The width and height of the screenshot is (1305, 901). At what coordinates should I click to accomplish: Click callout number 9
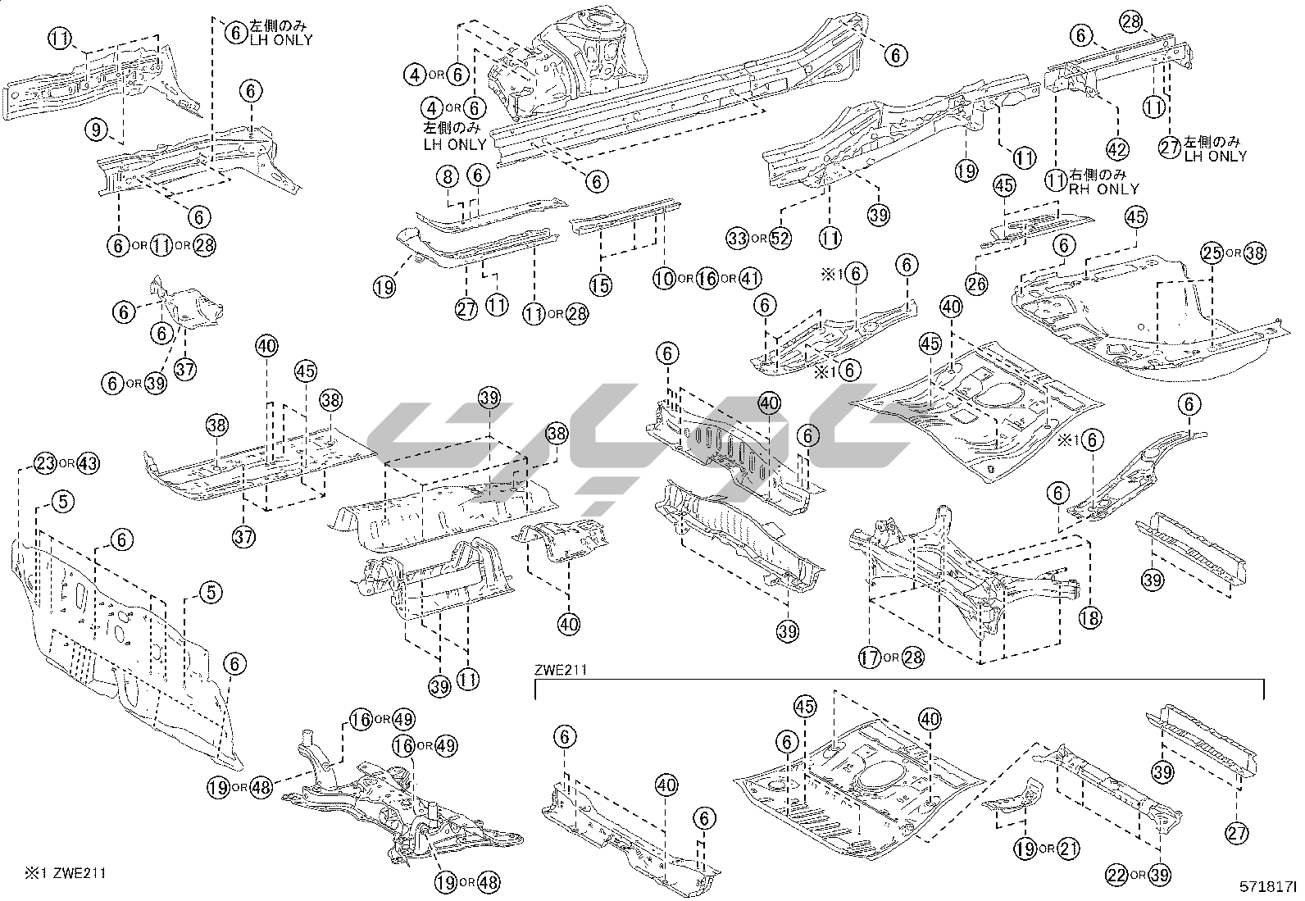[97, 128]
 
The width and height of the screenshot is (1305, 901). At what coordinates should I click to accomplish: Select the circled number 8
[448, 175]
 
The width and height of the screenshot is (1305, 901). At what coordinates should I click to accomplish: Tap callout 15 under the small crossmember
[601, 284]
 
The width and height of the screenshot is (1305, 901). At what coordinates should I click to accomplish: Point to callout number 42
[1117, 149]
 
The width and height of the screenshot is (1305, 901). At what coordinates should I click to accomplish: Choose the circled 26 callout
[976, 284]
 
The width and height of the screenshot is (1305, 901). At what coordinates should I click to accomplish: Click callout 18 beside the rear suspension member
[1090, 617]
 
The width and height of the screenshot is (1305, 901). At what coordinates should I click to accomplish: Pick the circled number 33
[737, 239]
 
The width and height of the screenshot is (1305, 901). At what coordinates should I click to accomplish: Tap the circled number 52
[780, 239]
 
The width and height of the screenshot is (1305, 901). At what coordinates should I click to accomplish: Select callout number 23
[44, 463]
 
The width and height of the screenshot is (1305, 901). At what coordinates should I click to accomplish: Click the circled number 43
[88, 463]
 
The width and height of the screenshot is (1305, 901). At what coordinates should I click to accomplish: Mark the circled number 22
[1116, 875]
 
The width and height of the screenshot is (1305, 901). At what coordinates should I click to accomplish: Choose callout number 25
[1212, 253]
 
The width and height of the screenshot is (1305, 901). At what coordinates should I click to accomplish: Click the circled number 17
[869, 657]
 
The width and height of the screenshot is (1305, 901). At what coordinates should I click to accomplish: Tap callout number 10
[664, 279]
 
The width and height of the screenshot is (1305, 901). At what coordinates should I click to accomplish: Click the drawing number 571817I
[1268, 887]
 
